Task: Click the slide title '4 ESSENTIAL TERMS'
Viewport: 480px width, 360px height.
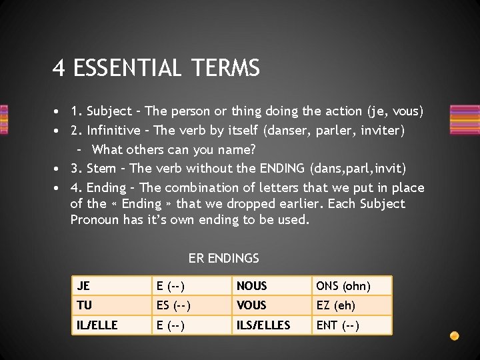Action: tap(156, 68)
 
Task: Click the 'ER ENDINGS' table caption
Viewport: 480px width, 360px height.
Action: tap(223, 258)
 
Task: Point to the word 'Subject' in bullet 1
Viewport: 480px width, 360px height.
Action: tap(109, 111)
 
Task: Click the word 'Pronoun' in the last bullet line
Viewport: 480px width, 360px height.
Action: tap(95, 219)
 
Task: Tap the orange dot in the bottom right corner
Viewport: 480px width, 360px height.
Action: tap(454, 335)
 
